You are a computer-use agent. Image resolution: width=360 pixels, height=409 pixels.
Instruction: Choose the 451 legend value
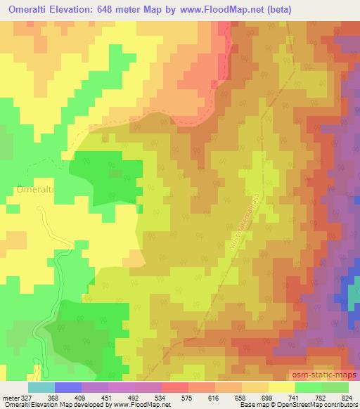tap(108, 397)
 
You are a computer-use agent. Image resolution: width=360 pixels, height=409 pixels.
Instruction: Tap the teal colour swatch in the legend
tap(41, 387)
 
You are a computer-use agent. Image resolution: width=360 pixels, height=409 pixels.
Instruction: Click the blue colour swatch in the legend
tap(68, 387)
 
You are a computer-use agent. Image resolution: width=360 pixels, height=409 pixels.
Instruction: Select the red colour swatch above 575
tap(175, 387)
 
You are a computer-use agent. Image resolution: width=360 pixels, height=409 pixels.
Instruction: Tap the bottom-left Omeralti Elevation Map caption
tap(42, 405)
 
